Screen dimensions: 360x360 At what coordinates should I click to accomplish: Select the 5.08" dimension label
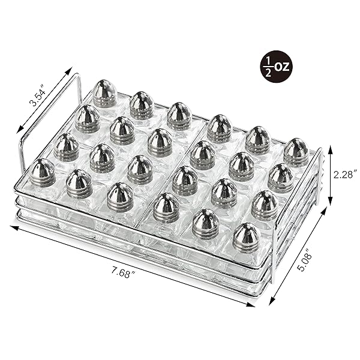coord(306,262)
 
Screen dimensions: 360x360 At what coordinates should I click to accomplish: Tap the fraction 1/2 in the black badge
coord(268,67)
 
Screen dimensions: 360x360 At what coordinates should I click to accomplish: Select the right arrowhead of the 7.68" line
coord(251,304)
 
